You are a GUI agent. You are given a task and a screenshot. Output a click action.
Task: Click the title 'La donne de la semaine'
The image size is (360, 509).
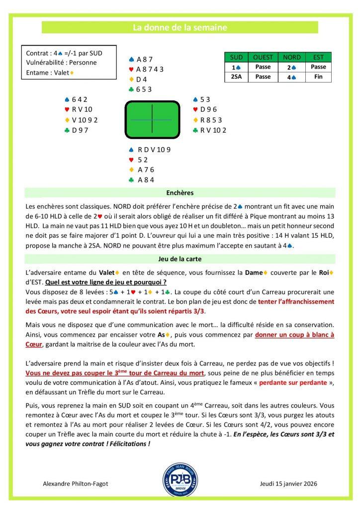(180, 28)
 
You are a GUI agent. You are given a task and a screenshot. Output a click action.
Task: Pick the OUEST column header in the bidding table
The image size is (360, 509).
(263, 57)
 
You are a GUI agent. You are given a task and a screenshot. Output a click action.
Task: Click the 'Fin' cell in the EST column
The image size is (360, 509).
(318, 77)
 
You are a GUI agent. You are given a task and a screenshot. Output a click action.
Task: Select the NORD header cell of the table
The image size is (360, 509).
(290, 57)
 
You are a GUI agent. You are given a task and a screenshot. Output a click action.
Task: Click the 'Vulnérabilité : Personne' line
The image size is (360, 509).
(61, 63)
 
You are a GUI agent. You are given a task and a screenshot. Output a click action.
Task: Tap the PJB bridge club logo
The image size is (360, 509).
(180, 480)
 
